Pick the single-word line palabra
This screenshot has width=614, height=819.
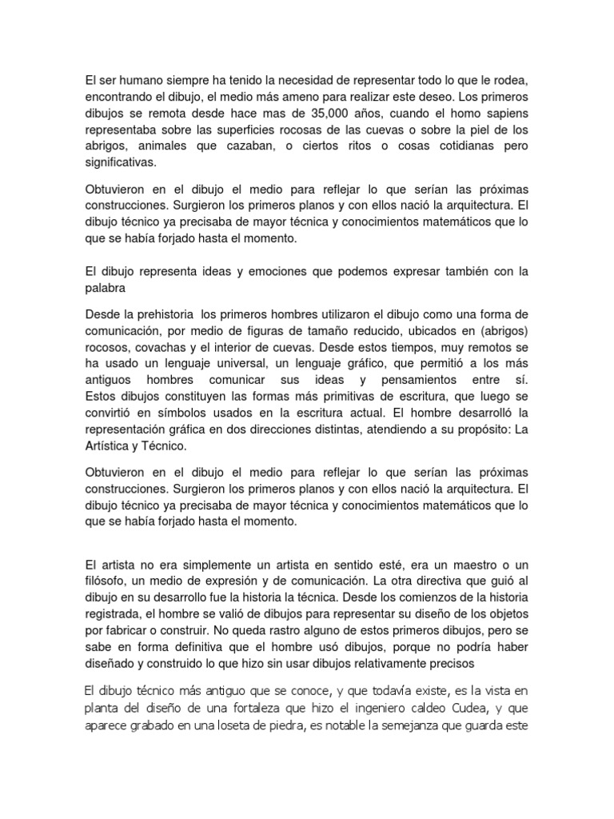[x=106, y=288]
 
